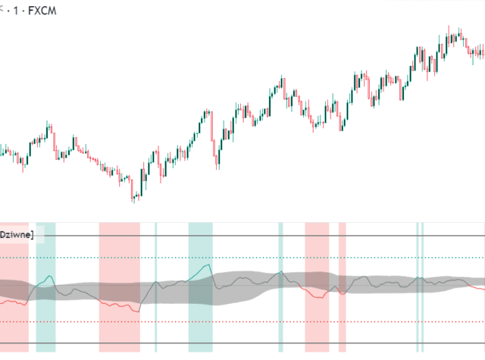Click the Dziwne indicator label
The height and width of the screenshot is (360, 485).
tap(17, 235)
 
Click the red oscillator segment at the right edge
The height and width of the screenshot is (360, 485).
tap(477, 288)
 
